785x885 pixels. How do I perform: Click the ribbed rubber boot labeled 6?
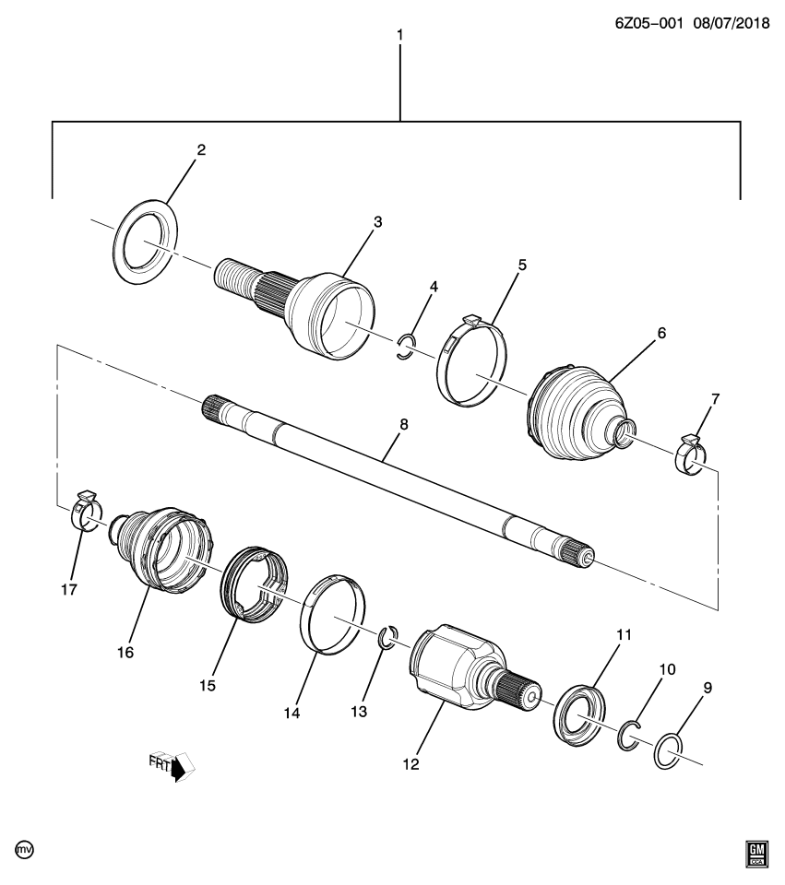point(572,413)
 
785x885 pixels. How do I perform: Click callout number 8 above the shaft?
point(403,426)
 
